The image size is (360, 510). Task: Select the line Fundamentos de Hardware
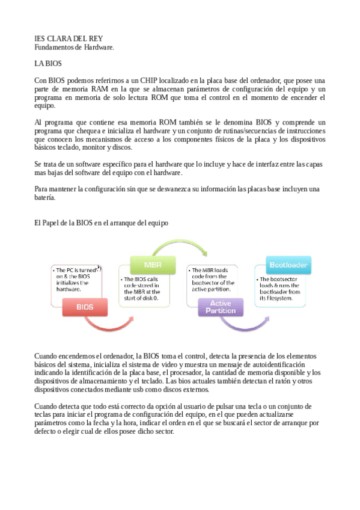[x=74, y=46]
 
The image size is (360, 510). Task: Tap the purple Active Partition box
[x=221, y=307]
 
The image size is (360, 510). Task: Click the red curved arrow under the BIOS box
[x=114, y=325]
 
